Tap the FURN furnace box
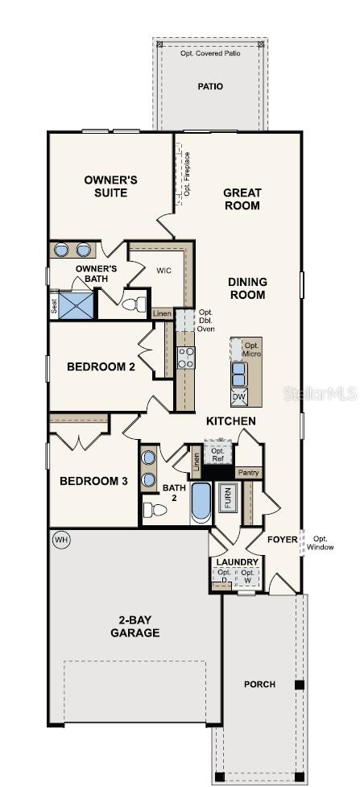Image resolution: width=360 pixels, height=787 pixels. click(x=229, y=500)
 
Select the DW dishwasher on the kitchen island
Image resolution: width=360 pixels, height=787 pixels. click(x=239, y=396)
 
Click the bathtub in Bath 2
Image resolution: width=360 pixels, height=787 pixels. click(x=201, y=503)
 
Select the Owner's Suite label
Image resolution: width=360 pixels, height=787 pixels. click(x=111, y=186)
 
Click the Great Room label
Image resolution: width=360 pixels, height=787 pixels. click(x=242, y=199)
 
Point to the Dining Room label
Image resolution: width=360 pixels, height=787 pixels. click(x=247, y=288)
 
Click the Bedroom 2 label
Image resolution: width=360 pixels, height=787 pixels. click(x=101, y=367)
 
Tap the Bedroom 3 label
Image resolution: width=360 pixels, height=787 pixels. click(x=93, y=481)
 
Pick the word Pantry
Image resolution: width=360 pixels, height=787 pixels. click(x=249, y=473)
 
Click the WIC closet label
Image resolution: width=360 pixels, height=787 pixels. click(x=164, y=271)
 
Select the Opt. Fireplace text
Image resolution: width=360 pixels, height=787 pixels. click(x=186, y=174)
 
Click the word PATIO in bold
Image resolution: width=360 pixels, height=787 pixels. click(x=210, y=86)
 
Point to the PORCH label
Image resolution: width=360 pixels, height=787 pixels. click(x=260, y=684)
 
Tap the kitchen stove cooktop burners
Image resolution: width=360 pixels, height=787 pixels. click(x=186, y=357)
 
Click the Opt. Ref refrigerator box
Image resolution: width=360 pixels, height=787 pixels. click(x=217, y=454)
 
